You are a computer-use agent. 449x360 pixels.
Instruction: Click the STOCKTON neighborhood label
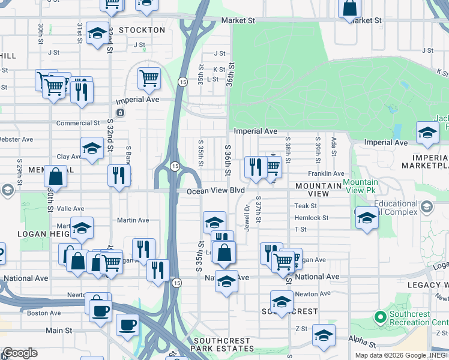point(142,30)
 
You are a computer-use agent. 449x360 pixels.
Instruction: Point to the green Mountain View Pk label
point(360,186)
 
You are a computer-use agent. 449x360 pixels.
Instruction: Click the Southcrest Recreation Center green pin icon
point(379,316)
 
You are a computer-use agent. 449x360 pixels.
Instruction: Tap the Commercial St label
point(78,123)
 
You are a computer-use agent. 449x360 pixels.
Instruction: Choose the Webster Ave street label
point(17,139)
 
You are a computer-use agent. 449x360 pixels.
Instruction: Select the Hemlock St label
point(312,218)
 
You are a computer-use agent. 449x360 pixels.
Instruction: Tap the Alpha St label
point(364,345)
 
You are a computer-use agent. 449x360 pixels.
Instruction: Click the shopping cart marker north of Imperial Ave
point(149,77)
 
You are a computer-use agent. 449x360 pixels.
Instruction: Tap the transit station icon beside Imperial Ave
point(121,112)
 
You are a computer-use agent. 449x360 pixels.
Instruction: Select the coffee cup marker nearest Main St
point(127,325)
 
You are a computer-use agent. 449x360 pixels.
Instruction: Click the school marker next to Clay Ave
point(91,148)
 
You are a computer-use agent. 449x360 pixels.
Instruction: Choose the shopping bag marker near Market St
point(349,8)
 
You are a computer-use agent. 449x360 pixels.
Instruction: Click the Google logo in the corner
point(20,353)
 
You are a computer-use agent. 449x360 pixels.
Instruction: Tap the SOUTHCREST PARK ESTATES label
point(221,344)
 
